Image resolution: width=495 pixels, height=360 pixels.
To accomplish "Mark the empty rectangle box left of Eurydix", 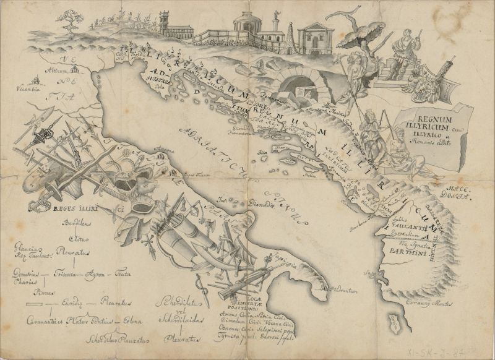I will (x=37, y=304).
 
